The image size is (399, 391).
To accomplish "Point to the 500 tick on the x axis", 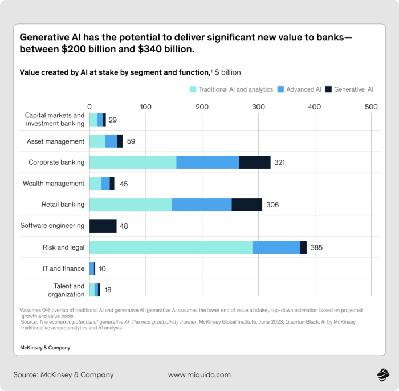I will click(371, 107).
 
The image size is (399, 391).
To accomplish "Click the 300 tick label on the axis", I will click(258, 107).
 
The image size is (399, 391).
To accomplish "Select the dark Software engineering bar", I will click(103, 226).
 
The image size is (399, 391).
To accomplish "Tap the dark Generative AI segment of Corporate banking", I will click(255, 162).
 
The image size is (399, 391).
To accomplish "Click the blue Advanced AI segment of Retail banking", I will click(202, 205).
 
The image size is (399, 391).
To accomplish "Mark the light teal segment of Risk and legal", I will click(171, 247).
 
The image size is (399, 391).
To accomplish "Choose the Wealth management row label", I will click(54, 184).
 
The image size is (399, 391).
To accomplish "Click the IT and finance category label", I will click(63, 268).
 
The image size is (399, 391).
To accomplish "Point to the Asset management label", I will click(56, 141).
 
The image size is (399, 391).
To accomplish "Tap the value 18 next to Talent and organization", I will click(108, 290).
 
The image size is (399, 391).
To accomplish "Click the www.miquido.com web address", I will click(199, 375).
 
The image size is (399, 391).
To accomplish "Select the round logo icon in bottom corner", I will click(382, 374).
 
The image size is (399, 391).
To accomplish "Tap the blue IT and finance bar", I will click(92, 268).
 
